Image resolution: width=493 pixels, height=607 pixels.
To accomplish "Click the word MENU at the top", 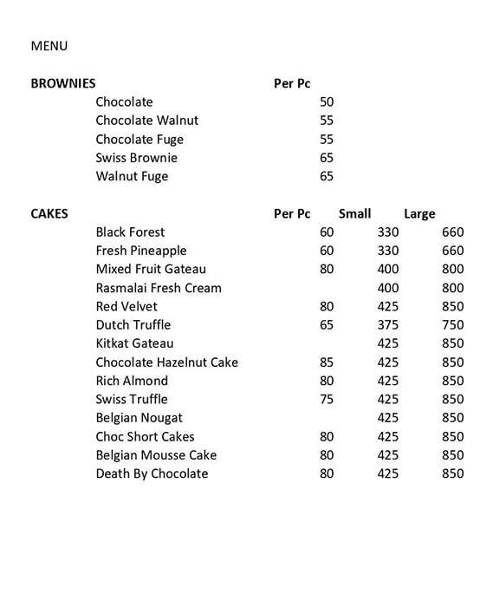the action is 49,46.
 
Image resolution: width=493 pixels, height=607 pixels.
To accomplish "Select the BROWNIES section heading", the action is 63,84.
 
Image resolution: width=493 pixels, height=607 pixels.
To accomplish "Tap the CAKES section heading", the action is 49,213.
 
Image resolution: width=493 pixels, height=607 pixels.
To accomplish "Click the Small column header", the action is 354,213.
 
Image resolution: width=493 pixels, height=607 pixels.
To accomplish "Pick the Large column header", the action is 419,213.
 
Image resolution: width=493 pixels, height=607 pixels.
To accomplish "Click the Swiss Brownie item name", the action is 136,158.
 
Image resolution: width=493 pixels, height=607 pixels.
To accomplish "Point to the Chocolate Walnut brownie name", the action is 147,121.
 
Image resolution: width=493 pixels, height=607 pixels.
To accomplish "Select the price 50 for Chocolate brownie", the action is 327,101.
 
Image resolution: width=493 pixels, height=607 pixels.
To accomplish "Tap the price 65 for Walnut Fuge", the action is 327,176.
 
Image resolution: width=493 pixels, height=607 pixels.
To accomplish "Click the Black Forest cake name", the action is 130,232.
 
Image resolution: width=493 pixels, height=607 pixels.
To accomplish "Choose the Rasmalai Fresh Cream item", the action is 159,288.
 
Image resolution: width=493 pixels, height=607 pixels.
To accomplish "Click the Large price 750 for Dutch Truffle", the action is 453,325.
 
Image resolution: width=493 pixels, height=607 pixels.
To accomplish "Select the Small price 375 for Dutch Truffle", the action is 388,325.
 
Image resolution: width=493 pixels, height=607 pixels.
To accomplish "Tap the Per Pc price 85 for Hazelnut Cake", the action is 327,362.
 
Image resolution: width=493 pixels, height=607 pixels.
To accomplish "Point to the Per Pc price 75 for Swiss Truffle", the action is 327,400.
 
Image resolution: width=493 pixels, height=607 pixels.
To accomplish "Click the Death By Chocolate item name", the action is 152,473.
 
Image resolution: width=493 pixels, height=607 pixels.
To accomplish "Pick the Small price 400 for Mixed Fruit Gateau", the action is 388,269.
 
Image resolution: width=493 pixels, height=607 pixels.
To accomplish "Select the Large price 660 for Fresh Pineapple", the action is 453,251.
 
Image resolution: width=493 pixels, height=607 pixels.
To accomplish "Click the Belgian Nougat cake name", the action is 139,418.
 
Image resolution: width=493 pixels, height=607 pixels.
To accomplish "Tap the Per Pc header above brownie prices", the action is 292,84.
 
